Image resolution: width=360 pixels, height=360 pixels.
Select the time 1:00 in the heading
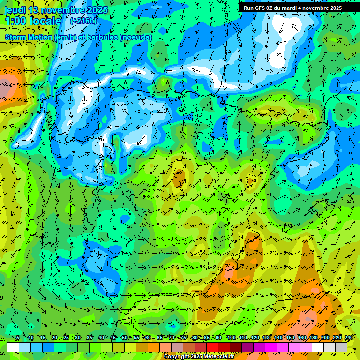click(x=14, y=21)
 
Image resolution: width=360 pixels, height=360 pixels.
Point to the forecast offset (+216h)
click(x=83, y=21)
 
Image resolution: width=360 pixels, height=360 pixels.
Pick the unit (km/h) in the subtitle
click(x=65, y=37)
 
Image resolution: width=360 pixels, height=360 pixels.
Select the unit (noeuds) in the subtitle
click(x=136, y=37)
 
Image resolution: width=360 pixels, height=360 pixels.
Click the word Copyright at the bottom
click(x=176, y=357)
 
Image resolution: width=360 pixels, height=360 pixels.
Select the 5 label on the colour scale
click(x=18, y=338)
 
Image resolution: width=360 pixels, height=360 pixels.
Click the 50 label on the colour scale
click(x=124, y=338)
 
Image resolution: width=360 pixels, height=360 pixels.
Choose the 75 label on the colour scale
click(x=183, y=338)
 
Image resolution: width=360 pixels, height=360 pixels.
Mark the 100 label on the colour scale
click(x=231, y=338)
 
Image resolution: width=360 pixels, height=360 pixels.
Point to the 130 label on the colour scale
click(x=266, y=338)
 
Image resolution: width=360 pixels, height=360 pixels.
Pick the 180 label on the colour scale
click(x=313, y=338)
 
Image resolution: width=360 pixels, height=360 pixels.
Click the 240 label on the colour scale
click(x=348, y=338)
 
